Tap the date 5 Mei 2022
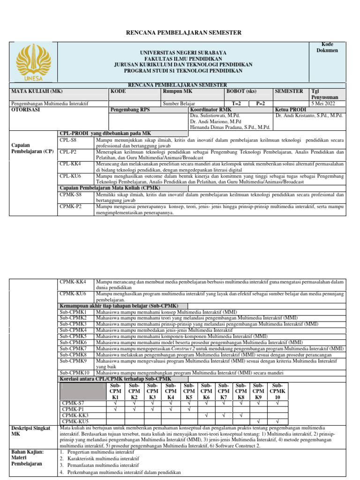click(324, 103)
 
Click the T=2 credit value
click(237, 103)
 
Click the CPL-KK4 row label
click(71, 164)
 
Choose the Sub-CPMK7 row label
click(73, 349)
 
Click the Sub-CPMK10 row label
click(75, 373)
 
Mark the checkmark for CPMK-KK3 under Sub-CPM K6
click(206, 415)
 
